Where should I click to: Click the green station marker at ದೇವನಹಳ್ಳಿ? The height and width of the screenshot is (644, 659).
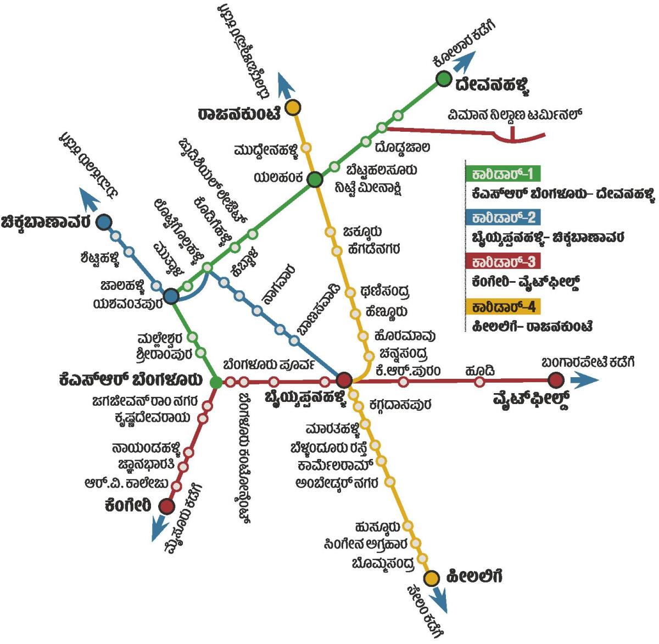click(x=443, y=79)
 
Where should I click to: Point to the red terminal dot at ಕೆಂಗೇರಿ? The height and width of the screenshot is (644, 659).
click(x=166, y=506)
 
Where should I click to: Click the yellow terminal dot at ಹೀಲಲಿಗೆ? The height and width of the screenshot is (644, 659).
click(x=432, y=578)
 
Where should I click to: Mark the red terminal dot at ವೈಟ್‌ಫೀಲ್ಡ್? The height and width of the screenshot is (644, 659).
click(x=556, y=379)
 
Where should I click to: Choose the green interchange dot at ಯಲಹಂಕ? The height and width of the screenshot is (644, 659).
click(x=315, y=180)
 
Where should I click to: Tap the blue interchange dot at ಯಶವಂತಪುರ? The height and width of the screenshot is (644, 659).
click(x=171, y=296)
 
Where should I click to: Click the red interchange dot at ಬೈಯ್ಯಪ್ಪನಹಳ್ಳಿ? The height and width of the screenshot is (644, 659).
click(x=344, y=380)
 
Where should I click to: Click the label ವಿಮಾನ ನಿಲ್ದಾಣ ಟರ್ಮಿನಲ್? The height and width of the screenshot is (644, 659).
click(x=514, y=115)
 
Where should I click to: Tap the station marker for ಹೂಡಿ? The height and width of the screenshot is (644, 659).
click(x=480, y=381)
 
